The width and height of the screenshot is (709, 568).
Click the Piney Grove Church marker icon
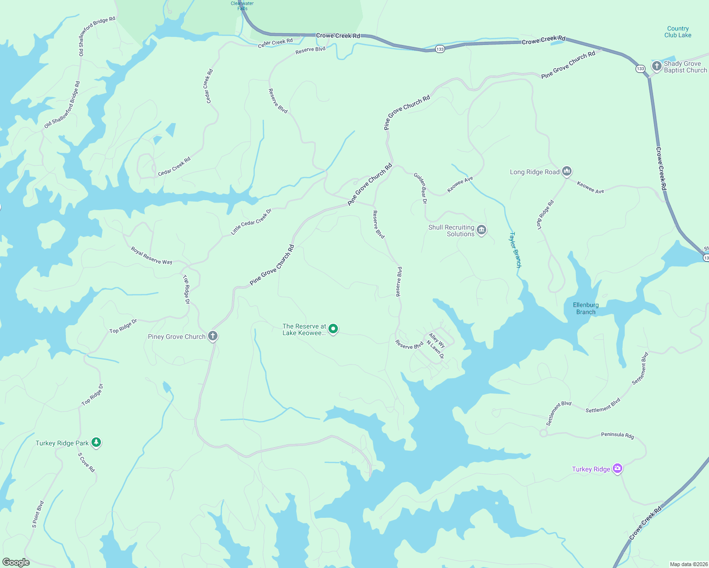pyautogui.click(x=213, y=336)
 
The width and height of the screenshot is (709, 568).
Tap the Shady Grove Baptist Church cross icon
pyautogui.click(x=656, y=66)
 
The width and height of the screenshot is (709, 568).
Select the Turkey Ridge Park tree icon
pyautogui.click(x=96, y=442)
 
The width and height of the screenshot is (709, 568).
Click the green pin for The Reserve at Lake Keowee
pyautogui.click(x=333, y=328)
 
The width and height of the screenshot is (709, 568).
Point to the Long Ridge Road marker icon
pyautogui.click(x=567, y=171)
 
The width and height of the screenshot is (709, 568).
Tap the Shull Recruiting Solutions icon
pyautogui.click(x=482, y=230)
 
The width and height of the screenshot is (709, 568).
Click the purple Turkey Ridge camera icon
pyautogui.click(x=617, y=469)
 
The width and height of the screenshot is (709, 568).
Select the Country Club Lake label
pyautogui.click(x=678, y=32)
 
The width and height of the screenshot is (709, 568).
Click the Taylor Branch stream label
pyautogui.click(x=515, y=250)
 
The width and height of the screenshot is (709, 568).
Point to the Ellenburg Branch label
pyautogui.click(x=586, y=309)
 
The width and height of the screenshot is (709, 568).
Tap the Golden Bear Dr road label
pyautogui.click(x=420, y=188)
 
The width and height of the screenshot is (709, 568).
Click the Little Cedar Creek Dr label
pyautogui.click(x=251, y=222)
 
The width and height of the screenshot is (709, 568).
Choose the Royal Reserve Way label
pyautogui.click(x=152, y=256)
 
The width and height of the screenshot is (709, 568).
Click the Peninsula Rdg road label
pyautogui.click(x=617, y=435)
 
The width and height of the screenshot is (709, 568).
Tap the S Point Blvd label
pyautogui.click(x=38, y=514)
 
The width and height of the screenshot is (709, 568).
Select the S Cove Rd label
pyautogui.click(x=86, y=462)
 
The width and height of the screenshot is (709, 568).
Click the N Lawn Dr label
pyautogui.click(x=436, y=349)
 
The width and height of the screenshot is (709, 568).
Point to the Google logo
pyautogui.click(x=16, y=562)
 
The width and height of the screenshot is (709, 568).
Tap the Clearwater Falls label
pyautogui.click(x=242, y=6)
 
